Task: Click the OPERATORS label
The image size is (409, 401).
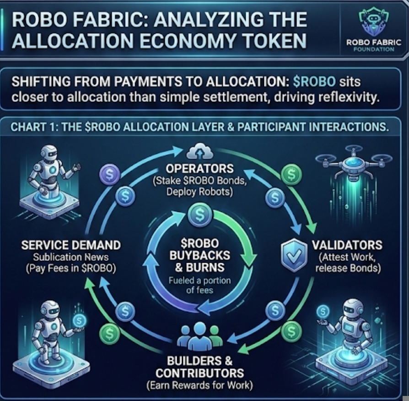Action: (199, 168)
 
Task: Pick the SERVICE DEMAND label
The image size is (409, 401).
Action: (71, 245)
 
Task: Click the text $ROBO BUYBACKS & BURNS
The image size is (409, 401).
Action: (199, 255)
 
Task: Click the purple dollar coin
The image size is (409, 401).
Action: (110, 175)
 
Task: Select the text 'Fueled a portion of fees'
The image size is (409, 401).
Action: (199, 286)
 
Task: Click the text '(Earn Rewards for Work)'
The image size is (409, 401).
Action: (199, 385)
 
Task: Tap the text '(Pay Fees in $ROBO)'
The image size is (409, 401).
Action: (71, 268)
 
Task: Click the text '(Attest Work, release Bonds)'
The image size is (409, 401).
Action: (347, 262)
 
